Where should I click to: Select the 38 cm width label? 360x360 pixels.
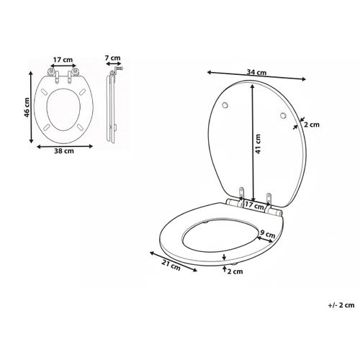63,152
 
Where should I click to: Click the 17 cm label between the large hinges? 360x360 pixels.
253,206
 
